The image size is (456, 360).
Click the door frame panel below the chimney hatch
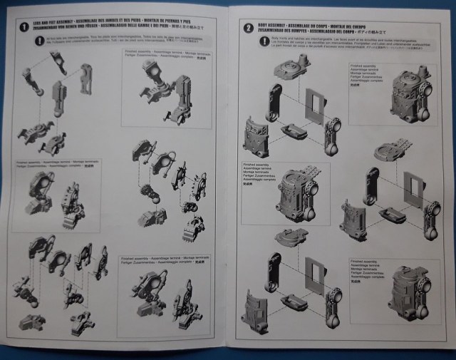click(x=314, y=105)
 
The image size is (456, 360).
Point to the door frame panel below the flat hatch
click(x=315, y=275)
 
